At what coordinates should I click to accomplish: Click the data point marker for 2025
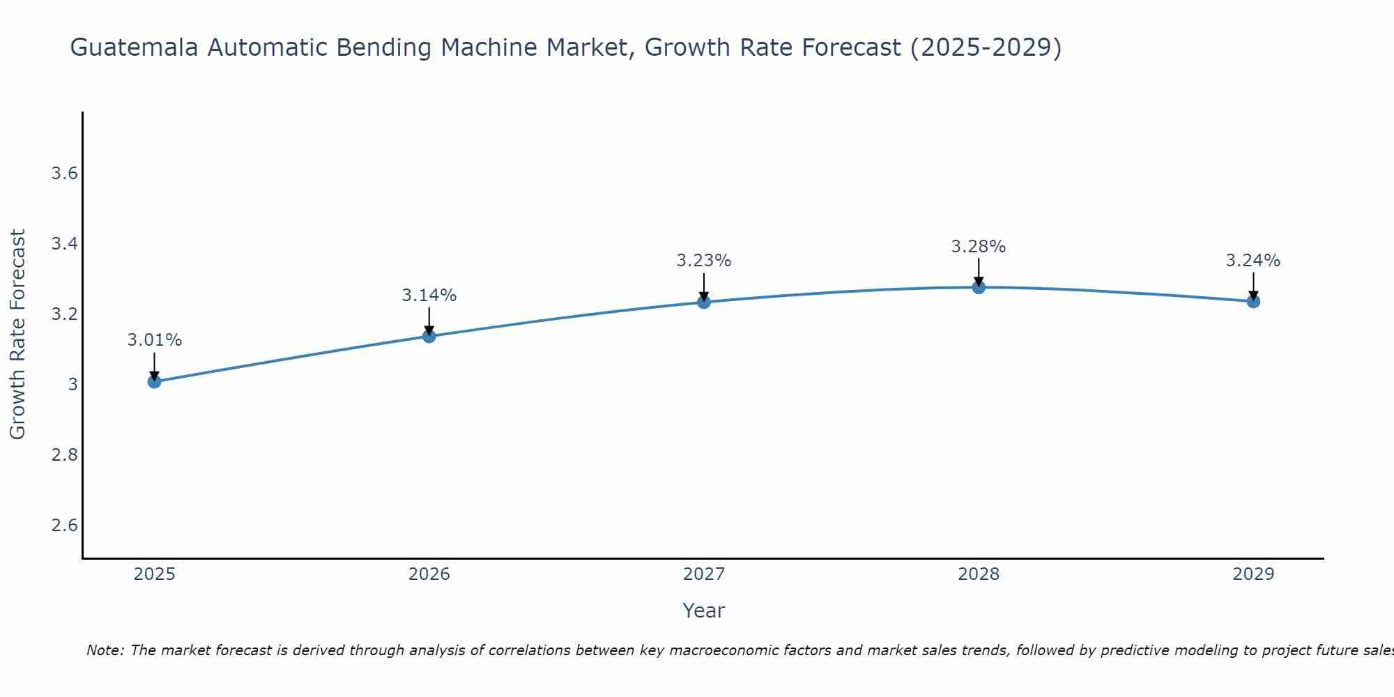(155, 381)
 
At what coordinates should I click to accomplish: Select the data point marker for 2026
(429, 336)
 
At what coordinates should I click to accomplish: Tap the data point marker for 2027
(704, 302)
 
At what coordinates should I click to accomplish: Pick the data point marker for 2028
(979, 287)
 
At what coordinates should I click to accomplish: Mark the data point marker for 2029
(1253, 301)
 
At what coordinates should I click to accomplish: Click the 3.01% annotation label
(155, 340)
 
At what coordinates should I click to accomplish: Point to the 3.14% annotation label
(429, 296)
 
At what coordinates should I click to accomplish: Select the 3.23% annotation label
(704, 261)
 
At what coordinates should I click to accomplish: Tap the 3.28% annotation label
(979, 247)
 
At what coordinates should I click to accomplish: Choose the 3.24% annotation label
(1253, 261)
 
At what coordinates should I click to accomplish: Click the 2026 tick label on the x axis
(429, 574)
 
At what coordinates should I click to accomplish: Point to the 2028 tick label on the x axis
(979, 574)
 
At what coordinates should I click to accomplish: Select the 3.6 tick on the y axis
(64, 174)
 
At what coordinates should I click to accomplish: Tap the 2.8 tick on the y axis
(64, 455)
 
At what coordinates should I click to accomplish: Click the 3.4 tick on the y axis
(64, 244)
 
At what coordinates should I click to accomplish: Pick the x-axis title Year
(704, 611)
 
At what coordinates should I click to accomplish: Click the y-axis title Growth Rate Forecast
(17, 335)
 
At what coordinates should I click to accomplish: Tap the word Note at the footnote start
(105, 650)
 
